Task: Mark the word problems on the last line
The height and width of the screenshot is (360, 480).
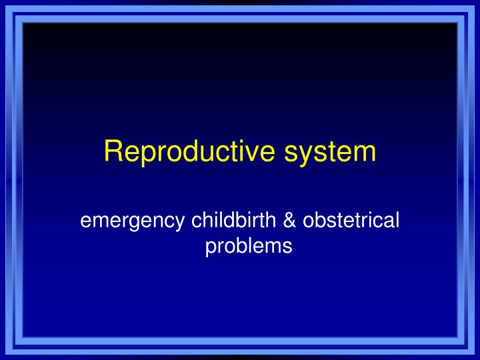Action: [248, 246]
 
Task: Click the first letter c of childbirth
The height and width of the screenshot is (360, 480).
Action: [197, 220]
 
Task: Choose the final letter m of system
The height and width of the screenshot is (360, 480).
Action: [363, 153]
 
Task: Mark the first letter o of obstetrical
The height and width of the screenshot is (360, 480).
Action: [308, 220]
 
